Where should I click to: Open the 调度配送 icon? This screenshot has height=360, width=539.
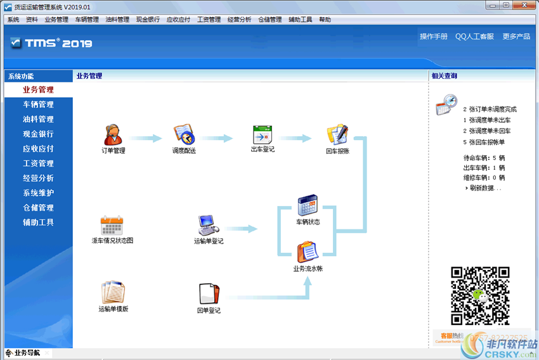[184, 134]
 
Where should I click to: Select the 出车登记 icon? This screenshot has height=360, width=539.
[262, 134]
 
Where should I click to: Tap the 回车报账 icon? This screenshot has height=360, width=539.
[337, 134]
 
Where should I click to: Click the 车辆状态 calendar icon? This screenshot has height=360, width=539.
[308, 205]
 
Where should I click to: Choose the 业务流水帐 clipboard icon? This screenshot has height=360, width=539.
[308, 252]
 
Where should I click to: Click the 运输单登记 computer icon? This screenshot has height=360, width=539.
[208, 224]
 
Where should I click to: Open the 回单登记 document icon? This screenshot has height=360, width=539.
[208, 293]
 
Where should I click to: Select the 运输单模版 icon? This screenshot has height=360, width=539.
[113, 293]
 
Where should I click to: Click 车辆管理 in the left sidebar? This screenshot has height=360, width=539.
[38, 105]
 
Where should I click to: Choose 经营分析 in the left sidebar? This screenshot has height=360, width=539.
[38, 178]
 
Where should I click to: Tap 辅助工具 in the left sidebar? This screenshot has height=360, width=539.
[38, 222]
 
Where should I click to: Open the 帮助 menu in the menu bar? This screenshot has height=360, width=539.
[325, 20]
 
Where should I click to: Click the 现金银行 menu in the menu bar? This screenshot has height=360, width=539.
[148, 20]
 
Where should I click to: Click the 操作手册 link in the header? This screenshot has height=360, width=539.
[433, 37]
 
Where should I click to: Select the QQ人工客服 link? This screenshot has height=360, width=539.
[474, 37]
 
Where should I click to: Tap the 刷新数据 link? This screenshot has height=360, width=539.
[485, 188]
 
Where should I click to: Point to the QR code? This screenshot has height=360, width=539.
[480, 296]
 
